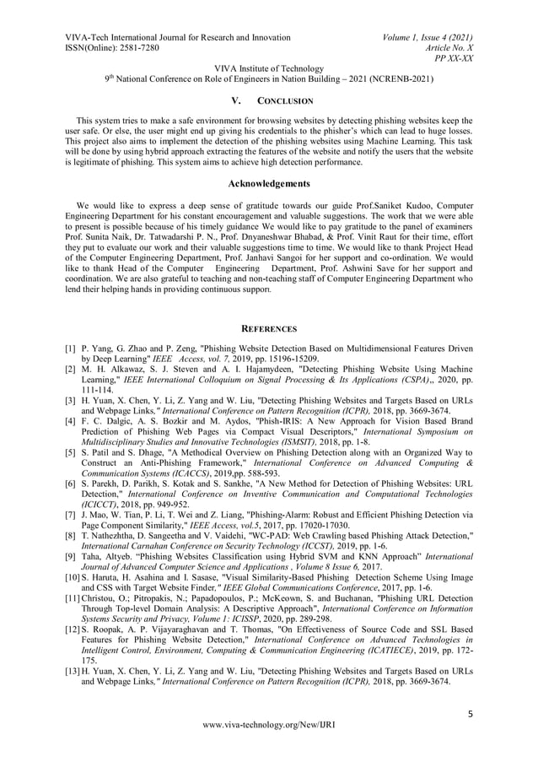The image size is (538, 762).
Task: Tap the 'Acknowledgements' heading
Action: click(x=269, y=183)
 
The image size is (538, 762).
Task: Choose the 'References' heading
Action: click(x=269, y=327)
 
